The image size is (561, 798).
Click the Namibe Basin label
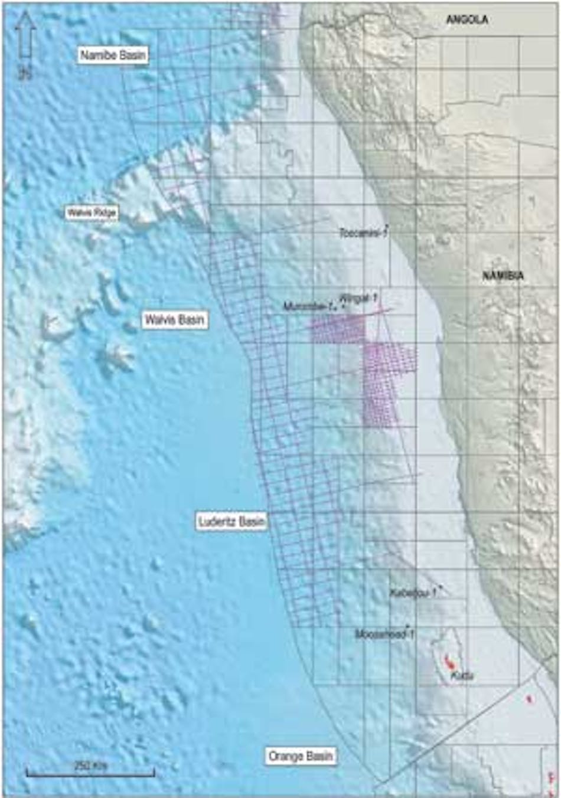[113, 55]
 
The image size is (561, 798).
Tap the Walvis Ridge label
[92, 212]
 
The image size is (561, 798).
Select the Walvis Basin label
[175, 320]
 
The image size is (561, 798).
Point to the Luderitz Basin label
[231, 522]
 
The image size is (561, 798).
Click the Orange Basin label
[301, 756]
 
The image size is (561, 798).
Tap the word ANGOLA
[467, 19]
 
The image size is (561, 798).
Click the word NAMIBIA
[503, 276]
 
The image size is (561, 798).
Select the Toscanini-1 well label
[362, 233]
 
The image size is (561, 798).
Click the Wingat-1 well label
[358, 298]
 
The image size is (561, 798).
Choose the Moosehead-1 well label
[383, 635]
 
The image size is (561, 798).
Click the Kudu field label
[462, 676]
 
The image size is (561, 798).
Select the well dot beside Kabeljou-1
[441, 588]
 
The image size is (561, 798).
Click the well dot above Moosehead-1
[408, 627]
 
